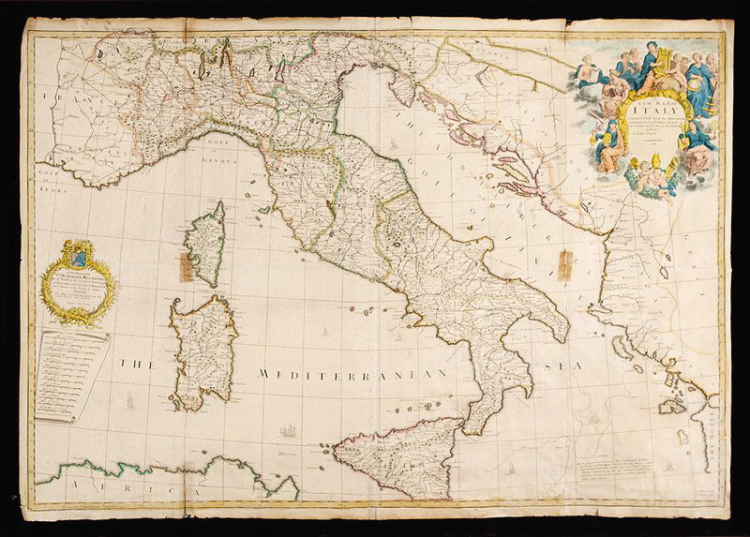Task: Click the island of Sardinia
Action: click(202, 351)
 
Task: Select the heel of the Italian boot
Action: click(559, 328)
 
